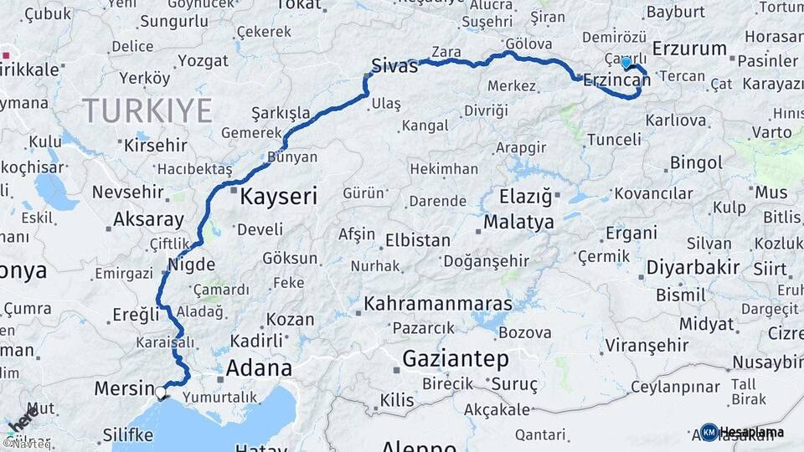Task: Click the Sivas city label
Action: (394, 66)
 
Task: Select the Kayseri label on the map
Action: (279, 197)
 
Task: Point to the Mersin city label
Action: (124, 388)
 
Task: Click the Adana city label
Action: (259, 368)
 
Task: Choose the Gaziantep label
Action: (456, 359)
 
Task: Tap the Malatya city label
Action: (519, 223)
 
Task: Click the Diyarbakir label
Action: (693, 268)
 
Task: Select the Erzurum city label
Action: (689, 49)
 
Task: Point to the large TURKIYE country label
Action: (147, 110)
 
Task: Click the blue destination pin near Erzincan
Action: (626, 62)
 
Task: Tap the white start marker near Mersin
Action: (161, 391)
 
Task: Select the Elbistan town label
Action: (417, 240)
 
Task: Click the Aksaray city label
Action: (148, 220)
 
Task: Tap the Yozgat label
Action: (204, 61)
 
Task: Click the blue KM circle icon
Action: (709, 432)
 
